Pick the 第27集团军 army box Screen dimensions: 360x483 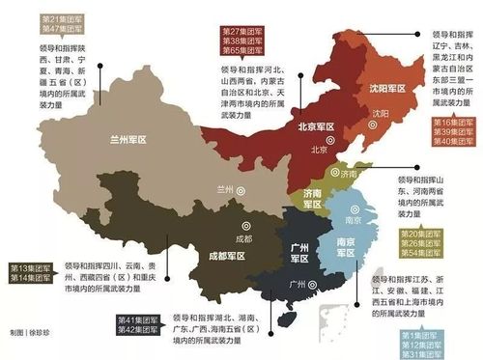tap(237, 33)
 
